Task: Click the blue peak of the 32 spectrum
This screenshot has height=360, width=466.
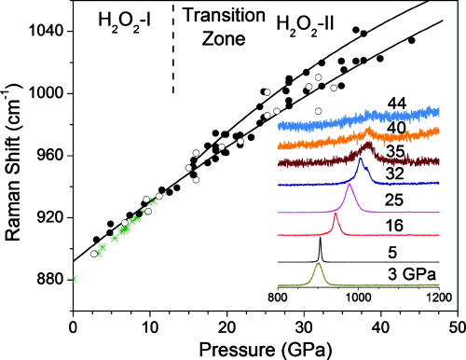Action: click(x=360, y=161)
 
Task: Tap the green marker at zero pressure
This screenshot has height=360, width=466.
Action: click(x=73, y=279)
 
